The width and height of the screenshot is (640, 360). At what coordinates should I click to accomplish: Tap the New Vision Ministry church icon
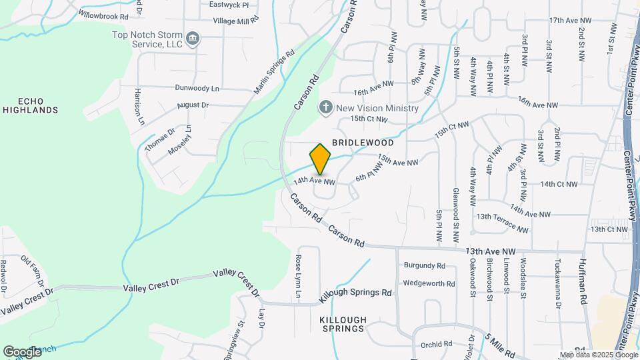tap(326, 107)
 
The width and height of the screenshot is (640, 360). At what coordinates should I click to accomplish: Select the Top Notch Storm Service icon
tap(193, 38)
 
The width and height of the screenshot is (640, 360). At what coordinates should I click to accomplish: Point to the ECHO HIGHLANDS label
tap(29, 105)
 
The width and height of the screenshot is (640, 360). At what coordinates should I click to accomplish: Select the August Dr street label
tap(193, 105)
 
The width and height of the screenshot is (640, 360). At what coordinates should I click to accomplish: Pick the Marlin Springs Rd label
tap(273, 73)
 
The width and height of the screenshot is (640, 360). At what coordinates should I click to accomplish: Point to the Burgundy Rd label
tap(424, 265)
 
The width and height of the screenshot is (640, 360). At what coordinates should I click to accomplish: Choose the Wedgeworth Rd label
tap(429, 283)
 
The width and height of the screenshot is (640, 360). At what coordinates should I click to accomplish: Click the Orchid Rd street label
tap(437, 345)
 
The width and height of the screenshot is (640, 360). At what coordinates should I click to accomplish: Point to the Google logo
tap(22, 351)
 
